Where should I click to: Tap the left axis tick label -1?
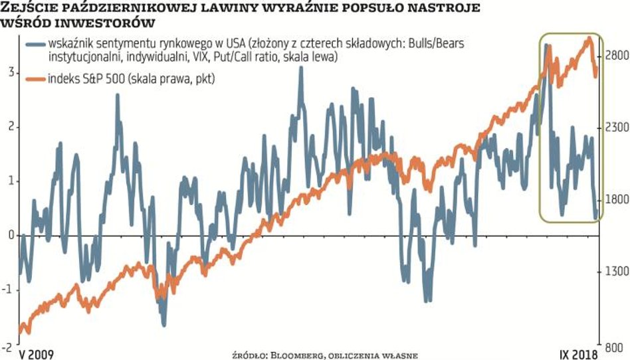7,290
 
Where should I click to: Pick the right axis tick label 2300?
615,126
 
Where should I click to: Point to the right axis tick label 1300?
615,272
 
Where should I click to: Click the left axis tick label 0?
9,235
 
